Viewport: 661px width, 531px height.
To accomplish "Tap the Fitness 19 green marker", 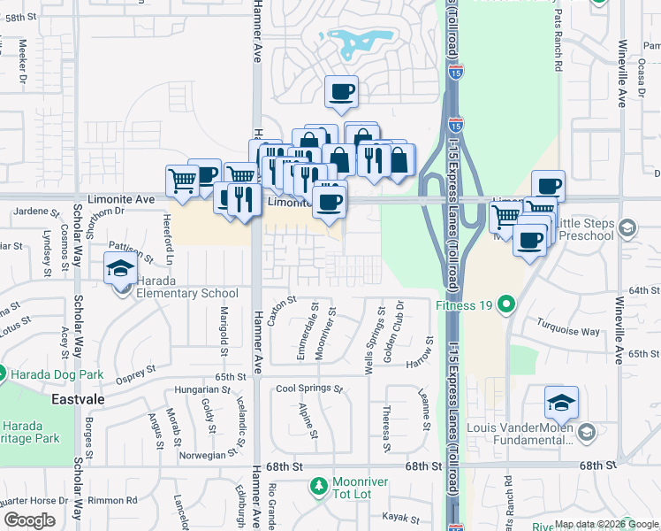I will tap(506, 305).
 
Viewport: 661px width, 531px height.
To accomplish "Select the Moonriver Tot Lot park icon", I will tap(318, 486).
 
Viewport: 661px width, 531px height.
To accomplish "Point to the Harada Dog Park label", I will tap(54, 373).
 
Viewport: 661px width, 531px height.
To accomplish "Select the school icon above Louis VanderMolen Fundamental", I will tap(561, 403).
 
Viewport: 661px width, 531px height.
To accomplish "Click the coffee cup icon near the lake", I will tap(341, 91).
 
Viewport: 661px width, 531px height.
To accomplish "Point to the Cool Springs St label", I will tap(308, 389).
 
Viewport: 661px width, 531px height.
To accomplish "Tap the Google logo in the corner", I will tap(29, 521).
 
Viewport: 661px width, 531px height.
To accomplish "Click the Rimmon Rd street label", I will tap(118, 500).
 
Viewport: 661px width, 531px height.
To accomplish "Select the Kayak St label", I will tap(399, 516).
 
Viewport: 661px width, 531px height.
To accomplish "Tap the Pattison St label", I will tap(130, 251).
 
